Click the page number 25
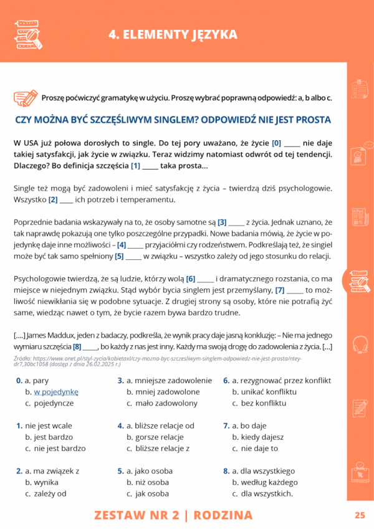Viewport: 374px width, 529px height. (x=359, y=515)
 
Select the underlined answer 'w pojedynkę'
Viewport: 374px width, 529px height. (x=55, y=391)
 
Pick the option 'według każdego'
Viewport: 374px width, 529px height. (x=268, y=482)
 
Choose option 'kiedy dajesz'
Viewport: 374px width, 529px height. (x=258, y=437)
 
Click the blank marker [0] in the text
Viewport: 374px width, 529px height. (x=277, y=142)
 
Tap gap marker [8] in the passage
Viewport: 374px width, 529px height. (x=77, y=346)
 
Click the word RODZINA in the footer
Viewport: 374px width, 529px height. (x=223, y=515)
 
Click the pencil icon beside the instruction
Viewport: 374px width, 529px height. (x=26, y=97)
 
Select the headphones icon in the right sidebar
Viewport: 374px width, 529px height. (x=360, y=344)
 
